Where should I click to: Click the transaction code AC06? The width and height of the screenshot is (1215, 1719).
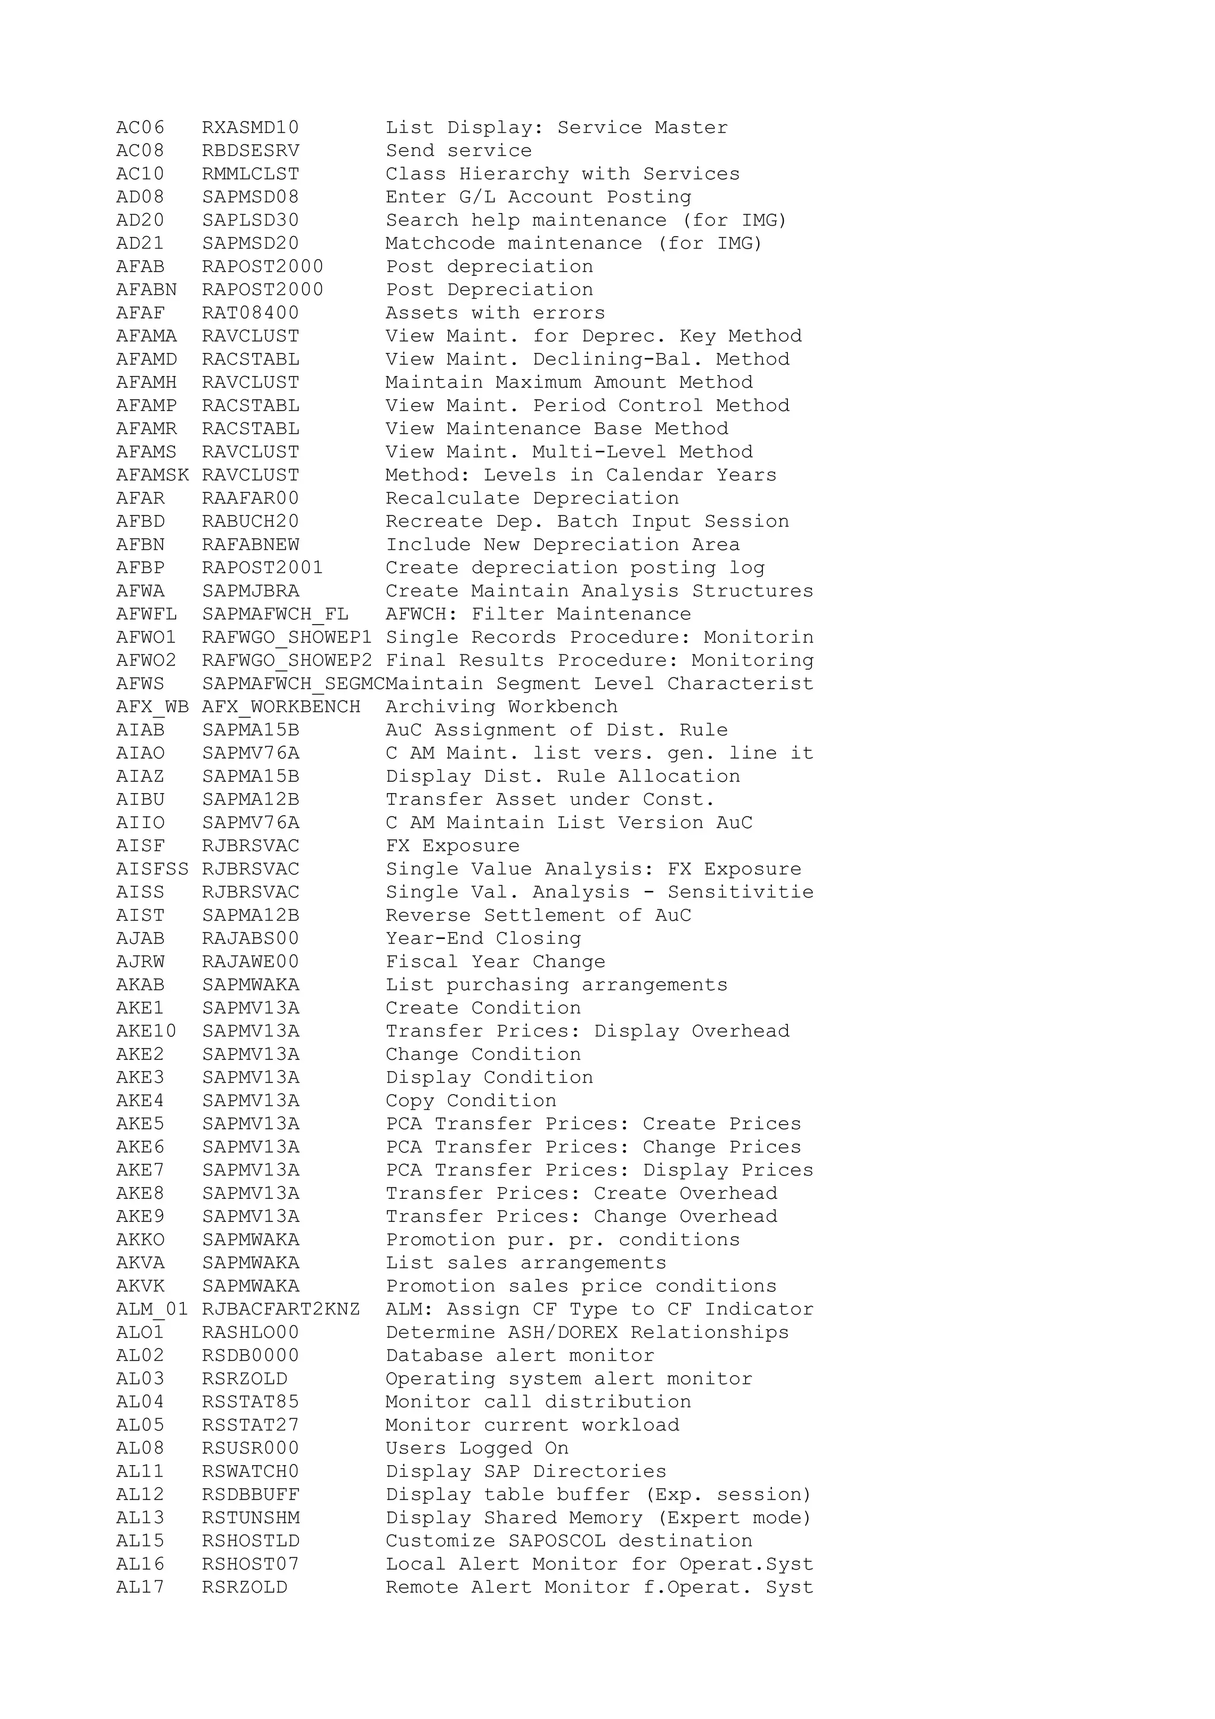tap(140, 128)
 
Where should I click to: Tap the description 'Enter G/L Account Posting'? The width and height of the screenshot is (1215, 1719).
tap(538, 198)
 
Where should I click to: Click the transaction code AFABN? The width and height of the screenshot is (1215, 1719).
tap(146, 291)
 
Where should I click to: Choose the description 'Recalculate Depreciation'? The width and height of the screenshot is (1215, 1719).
tap(532, 499)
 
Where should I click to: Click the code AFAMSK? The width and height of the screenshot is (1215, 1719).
tap(152, 475)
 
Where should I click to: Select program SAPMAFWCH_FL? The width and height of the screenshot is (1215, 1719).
tap(275, 615)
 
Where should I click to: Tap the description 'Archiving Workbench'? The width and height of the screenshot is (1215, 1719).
tap(501, 708)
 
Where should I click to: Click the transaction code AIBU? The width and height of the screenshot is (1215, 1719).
tap(140, 800)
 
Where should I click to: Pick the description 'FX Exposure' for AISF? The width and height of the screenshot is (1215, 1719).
tap(452, 847)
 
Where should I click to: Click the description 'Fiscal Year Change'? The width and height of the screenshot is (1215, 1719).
tap(495, 963)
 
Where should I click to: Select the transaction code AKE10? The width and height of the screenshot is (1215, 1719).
tap(146, 1033)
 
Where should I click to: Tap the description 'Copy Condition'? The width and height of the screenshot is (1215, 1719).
tap(471, 1102)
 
